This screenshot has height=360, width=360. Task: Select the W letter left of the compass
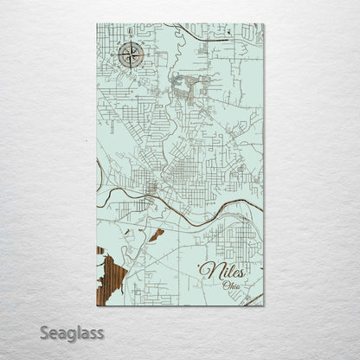[113, 56]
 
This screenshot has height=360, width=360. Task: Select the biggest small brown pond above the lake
[155, 235]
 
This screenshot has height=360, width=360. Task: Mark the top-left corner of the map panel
[96, 24]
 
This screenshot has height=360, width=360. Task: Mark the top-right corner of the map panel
[264, 24]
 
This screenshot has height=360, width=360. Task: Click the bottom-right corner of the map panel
[264, 305]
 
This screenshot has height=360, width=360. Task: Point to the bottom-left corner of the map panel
[96, 305]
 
